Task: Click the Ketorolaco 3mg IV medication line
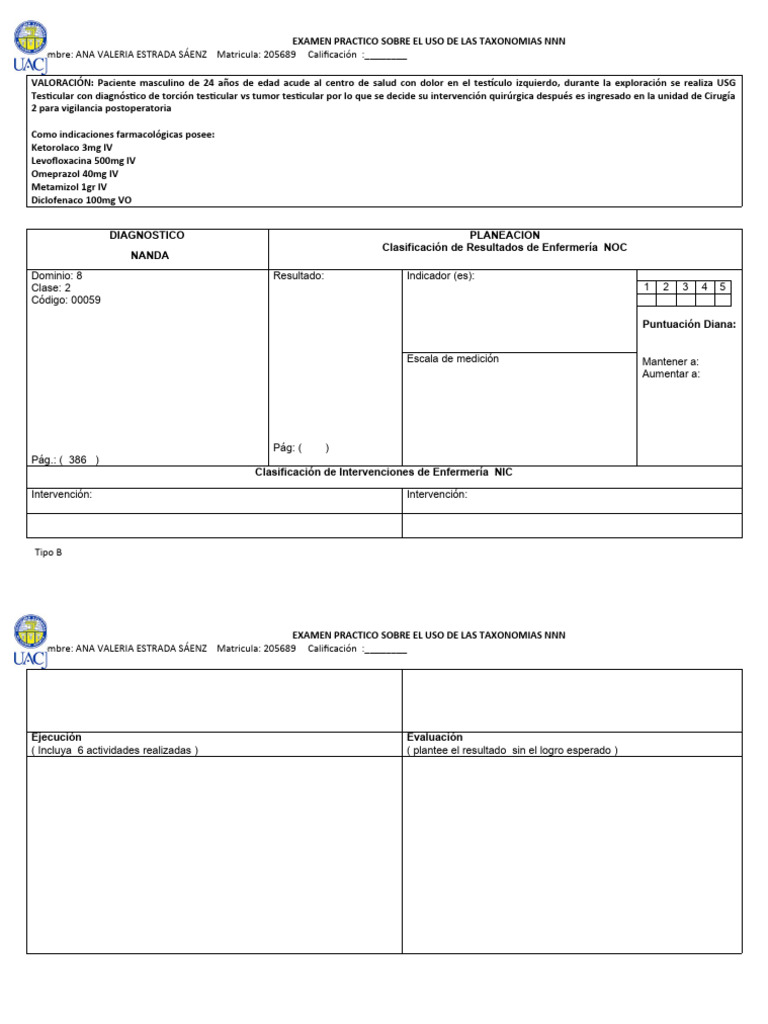(72, 147)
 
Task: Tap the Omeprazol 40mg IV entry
(75, 173)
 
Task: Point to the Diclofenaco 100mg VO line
(82, 199)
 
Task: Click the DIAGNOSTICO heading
(147, 235)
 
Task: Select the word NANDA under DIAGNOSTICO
(150, 255)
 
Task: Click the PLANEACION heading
(504, 235)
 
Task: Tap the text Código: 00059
(66, 300)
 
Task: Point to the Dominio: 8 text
(57, 275)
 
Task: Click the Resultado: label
(299, 276)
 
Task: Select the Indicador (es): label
(440, 276)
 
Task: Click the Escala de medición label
(452, 358)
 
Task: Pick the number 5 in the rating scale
(722, 287)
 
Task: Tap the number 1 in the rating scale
(647, 287)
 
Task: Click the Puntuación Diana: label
(689, 324)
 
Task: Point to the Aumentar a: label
(671, 374)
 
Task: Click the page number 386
(77, 460)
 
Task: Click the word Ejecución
(56, 737)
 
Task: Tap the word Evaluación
(435, 737)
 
